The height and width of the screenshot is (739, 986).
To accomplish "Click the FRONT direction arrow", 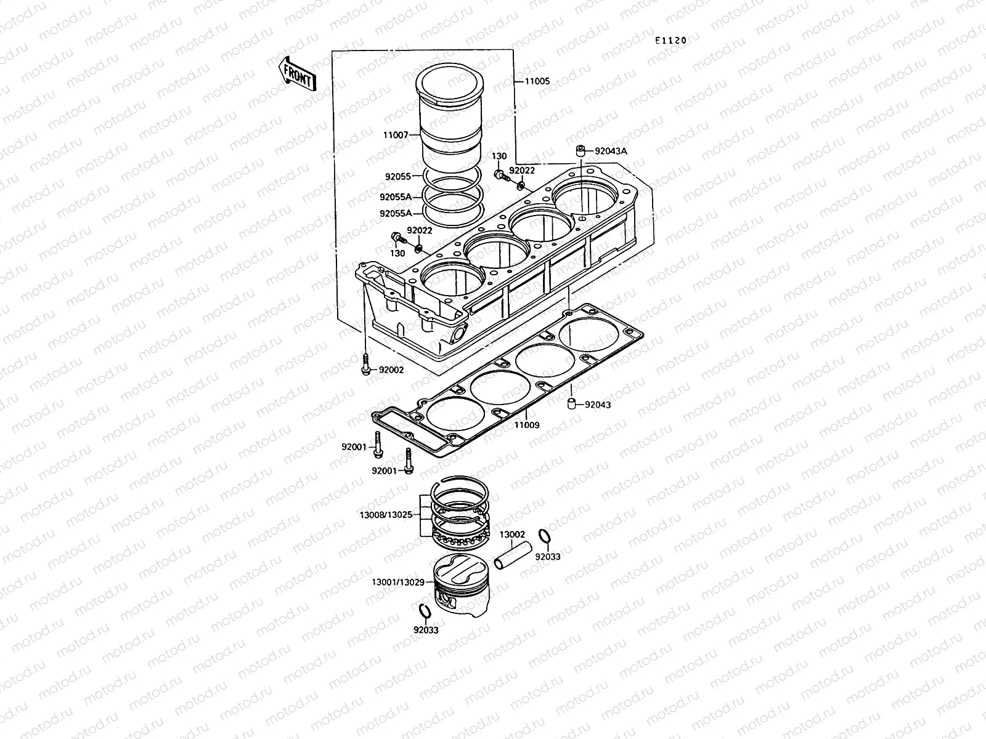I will pos(298,74).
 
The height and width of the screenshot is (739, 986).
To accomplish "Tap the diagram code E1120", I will pos(670,41).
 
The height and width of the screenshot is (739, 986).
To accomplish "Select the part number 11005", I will pos(537,81).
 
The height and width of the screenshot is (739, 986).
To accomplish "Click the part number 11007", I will pos(396,134).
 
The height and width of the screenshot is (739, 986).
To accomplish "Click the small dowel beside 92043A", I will pos(580,151).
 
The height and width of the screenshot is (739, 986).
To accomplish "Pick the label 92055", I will pos(398,177).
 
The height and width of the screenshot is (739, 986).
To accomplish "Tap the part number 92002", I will pos(391,370).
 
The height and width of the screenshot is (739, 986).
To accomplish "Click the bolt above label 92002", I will pos(365,362).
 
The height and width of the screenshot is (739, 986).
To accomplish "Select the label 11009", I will pos(527,425).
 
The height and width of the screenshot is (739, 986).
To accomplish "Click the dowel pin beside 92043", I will pos(571,404).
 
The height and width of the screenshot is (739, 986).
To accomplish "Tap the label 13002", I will pos(512,535).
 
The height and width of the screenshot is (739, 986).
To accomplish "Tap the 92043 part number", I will pos(598,405).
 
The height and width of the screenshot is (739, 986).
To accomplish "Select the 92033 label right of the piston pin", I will pos(547,556).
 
